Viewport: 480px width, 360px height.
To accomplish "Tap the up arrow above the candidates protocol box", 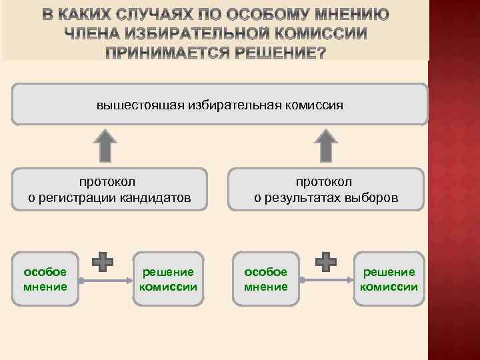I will (x=105, y=145).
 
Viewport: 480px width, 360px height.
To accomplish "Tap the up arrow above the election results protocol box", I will (x=325, y=145).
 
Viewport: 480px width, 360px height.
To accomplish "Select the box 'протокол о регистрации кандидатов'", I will (x=109, y=189).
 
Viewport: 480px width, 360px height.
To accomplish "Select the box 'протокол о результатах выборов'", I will (x=325, y=189).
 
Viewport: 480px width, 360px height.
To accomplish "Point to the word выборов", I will (x=377, y=197).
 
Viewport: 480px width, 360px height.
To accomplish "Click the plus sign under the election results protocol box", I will (x=325, y=262).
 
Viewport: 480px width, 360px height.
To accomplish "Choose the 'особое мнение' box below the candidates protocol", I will (x=45, y=279).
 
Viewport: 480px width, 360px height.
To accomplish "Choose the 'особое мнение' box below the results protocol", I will (x=266, y=279).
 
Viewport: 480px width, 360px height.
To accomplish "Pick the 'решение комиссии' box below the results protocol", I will (x=389, y=279).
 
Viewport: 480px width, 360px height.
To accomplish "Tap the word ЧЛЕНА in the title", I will (x=95, y=34).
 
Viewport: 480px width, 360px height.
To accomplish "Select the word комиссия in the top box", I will (x=314, y=105).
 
